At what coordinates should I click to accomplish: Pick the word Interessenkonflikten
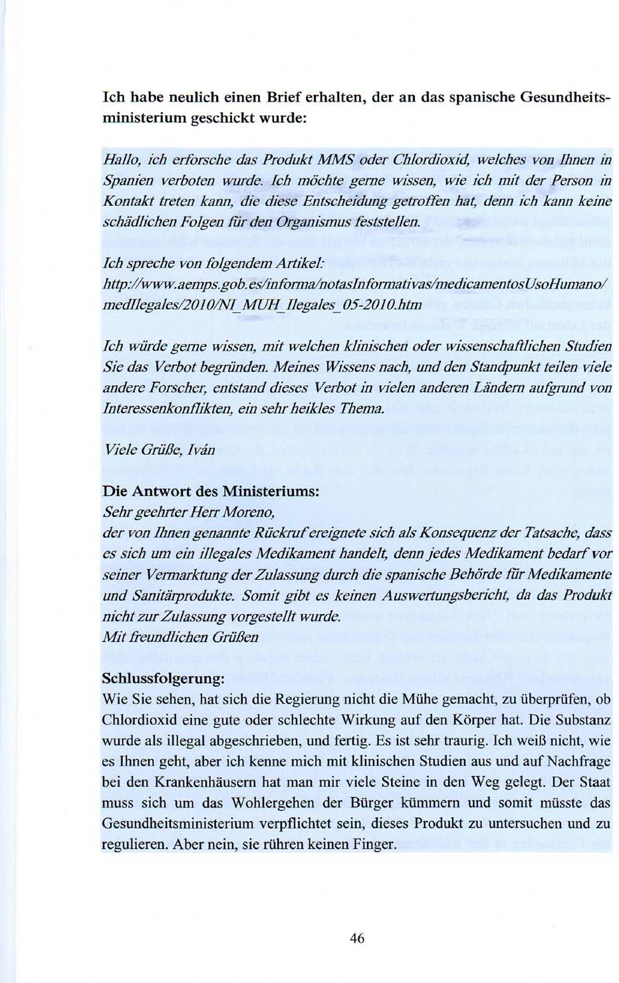click(170, 406)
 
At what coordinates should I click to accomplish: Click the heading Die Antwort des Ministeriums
click(210, 492)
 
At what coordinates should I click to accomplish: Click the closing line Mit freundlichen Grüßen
click(180, 637)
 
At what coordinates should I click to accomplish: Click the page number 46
click(357, 938)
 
